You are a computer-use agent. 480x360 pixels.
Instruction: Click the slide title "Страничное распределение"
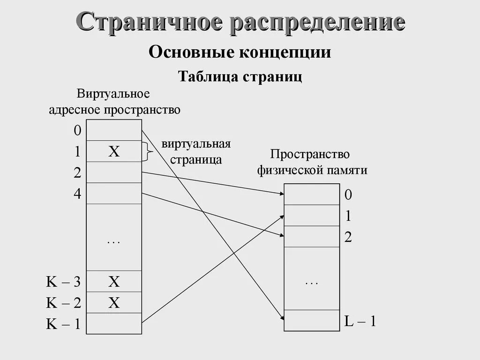tap(240, 22)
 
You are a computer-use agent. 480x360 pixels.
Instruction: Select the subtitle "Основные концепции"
tap(240, 52)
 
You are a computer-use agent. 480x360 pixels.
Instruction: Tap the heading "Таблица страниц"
tap(240, 76)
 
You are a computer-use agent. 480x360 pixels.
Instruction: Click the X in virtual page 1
tap(114, 151)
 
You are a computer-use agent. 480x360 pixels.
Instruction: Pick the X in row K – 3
tap(114, 282)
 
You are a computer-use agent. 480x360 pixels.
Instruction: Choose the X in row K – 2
tap(114, 303)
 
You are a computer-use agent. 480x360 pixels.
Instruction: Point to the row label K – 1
tap(63, 324)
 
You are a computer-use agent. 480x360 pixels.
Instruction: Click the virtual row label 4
tap(77, 194)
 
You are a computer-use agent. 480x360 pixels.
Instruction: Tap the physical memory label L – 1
tap(360, 322)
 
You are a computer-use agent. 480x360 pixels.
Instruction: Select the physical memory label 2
tap(348, 237)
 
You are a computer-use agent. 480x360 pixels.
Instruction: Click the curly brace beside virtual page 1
tap(149, 151)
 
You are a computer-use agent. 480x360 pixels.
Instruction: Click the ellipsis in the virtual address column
tap(114, 242)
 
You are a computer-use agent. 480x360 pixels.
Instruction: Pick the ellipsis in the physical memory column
tap(311, 283)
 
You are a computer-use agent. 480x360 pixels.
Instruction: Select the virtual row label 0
tap(77, 131)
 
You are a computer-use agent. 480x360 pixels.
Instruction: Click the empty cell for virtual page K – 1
tap(114, 323)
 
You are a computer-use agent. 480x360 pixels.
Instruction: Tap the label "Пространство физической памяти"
tap(312, 162)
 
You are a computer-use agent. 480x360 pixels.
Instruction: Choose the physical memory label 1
tap(348, 216)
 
